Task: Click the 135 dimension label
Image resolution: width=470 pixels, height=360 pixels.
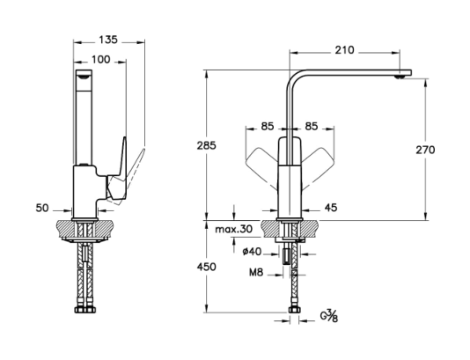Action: (x=108, y=40)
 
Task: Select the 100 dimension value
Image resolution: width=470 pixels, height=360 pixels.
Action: (x=100, y=60)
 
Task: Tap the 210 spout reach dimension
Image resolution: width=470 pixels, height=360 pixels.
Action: (x=344, y=50)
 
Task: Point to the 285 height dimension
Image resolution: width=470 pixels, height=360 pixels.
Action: (x=206, y=145)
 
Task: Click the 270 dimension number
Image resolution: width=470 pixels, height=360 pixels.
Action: (x=425, y=150)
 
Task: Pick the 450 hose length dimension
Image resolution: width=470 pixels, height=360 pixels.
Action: (x=206, y=267)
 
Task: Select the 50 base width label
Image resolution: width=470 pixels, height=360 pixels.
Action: (x=42, y=208)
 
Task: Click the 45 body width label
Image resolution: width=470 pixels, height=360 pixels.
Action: (x=331, y=208)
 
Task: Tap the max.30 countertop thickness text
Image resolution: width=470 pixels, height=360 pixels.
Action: (x=234, y=230)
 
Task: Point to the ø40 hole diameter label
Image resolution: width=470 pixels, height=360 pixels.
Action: (x=252, y=252)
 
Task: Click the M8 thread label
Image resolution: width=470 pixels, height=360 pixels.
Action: (x=256, y=272)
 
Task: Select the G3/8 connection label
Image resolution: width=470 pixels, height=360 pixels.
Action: (x=329, y=316)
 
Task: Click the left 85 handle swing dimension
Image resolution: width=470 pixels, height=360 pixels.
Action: (x=268, y=126)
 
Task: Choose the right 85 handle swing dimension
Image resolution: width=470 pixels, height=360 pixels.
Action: (x=312, y=126)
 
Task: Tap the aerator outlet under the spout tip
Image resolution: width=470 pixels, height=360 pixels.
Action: (x=400, y=77)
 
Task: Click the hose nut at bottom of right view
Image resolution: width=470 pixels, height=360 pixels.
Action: (x=294, y=310)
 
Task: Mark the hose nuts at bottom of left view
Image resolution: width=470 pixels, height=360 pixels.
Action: (x=85, y=310)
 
